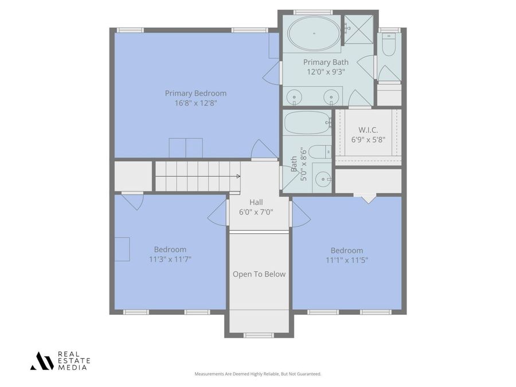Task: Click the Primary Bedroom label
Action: [x=196, y=93]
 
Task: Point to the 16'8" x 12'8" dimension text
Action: [x=196, y=103]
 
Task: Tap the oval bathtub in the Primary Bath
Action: [x=314, y=33]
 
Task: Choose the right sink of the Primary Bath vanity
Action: [x=331, y=97]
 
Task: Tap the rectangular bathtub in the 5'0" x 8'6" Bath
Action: [x=307, y=122]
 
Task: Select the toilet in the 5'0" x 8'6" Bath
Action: [x=323, y=151]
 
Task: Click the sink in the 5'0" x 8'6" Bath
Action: [x=325, y=179]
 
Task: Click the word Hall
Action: [x=256, y=202]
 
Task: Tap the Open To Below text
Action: [x=259, y=274]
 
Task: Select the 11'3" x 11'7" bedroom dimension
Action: [x=170, y=259]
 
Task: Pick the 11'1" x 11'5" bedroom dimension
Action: [x=346, y=260]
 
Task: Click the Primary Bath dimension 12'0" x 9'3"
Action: [x=325, y=72]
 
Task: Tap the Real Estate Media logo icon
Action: [x=42, y=361]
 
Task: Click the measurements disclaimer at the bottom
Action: [x=257, y=374]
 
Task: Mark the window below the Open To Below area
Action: [x=259, y=335]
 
